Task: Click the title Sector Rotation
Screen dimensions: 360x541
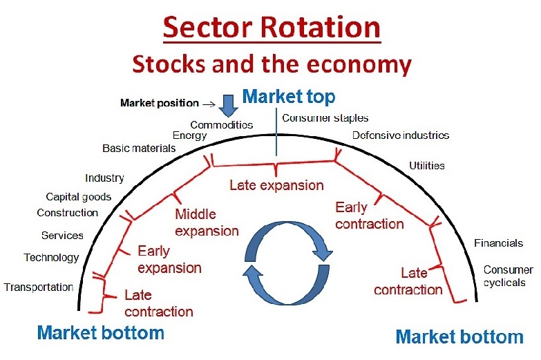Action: click(272, 28)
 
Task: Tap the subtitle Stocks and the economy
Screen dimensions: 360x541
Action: click(272, 64)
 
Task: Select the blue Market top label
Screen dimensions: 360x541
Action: click(289, 96)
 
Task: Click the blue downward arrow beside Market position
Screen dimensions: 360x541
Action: click(228, 104)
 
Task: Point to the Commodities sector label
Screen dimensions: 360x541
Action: click(221, 125)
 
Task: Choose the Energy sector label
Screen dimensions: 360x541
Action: click(189, 135)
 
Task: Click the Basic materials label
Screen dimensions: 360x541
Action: click(139, 148)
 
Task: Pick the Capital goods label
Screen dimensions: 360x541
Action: click(79, 197)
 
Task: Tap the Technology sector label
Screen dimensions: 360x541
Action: click(51, 257)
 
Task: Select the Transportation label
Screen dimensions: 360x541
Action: click(39, 287)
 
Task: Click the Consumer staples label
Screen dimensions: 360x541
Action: click(325, 118)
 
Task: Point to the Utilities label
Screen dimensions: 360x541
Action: click(426, 166)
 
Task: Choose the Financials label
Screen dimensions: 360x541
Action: click(498, 243)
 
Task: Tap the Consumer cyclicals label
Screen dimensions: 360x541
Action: click(507, 276)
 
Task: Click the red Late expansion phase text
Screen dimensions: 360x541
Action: click(276, 185)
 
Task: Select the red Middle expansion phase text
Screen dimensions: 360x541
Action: click(207, 222)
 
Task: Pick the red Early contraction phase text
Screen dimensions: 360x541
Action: click(369, 216)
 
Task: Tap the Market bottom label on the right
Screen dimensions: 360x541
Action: click(459, 337)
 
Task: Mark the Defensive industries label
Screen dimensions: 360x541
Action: click(401, 135)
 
